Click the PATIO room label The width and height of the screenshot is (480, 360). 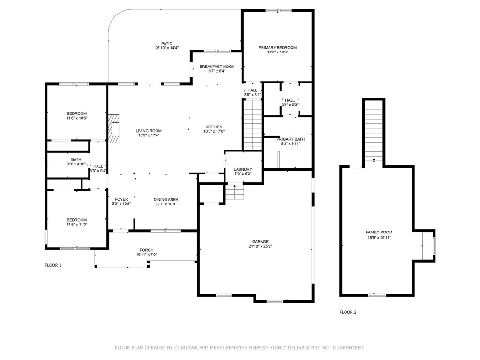[x=167, y=44]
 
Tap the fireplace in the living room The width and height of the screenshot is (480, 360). [x=113, y=128]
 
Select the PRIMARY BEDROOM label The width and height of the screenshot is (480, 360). [x=277, y=48]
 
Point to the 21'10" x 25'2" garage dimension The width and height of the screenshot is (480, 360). [x=260, y=246]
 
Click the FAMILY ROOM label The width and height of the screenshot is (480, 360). [x=379, y=232]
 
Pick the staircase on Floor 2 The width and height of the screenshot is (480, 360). [x=374, y=131]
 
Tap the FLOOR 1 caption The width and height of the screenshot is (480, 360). [x=53, y=265]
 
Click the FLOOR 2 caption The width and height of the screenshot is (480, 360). [x=348, y=312]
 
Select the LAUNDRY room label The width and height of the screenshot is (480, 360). [x=243, y=169]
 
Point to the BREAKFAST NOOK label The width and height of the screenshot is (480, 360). [x=217, y=67]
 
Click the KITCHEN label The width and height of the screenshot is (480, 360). [x=214, y=127]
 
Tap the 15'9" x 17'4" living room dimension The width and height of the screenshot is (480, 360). [x=149, y=135]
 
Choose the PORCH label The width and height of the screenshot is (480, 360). [x=147, y=250]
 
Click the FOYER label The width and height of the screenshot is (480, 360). [x=121, y=199]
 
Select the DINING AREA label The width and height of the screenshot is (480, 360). [x=166, y=200]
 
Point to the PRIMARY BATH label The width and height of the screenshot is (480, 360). [x=291, y=139]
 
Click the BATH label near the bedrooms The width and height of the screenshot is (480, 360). [x=76, y=159]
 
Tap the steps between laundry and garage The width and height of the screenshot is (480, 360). [x=235, y=192]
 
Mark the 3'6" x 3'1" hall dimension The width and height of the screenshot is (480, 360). [x=253, y=95]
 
